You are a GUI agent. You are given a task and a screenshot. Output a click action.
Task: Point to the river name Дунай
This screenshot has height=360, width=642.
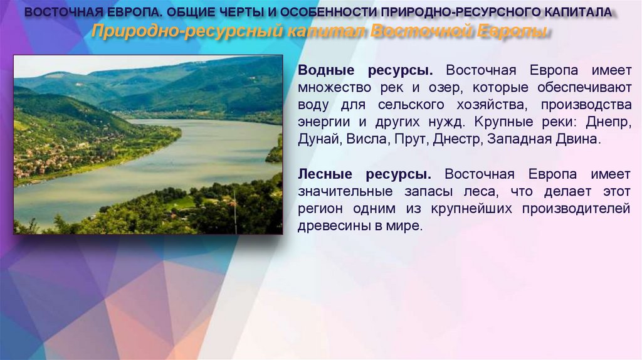pos(318,139)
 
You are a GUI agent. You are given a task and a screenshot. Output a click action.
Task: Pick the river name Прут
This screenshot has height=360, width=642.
pos(411,139)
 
